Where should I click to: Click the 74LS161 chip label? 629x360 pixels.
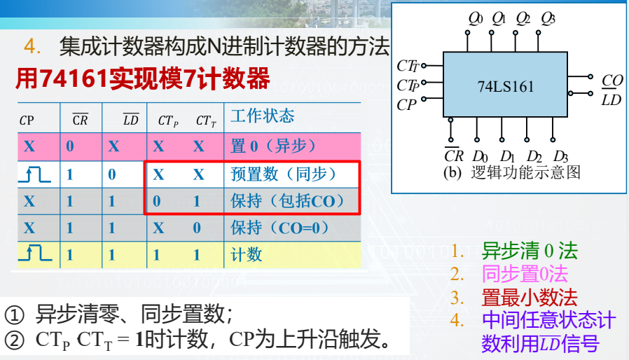506,87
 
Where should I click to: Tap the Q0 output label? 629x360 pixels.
476,18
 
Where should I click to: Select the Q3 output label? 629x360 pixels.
548,18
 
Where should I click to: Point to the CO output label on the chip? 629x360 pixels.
612,81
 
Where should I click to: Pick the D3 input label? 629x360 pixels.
560,155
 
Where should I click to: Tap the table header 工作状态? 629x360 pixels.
263,116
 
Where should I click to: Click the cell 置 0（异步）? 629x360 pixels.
273,146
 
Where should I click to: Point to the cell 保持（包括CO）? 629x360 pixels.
288,201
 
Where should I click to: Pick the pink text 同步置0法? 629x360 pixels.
525,275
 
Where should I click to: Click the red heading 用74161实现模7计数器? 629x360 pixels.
143,79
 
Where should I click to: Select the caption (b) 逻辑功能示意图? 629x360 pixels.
511,172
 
